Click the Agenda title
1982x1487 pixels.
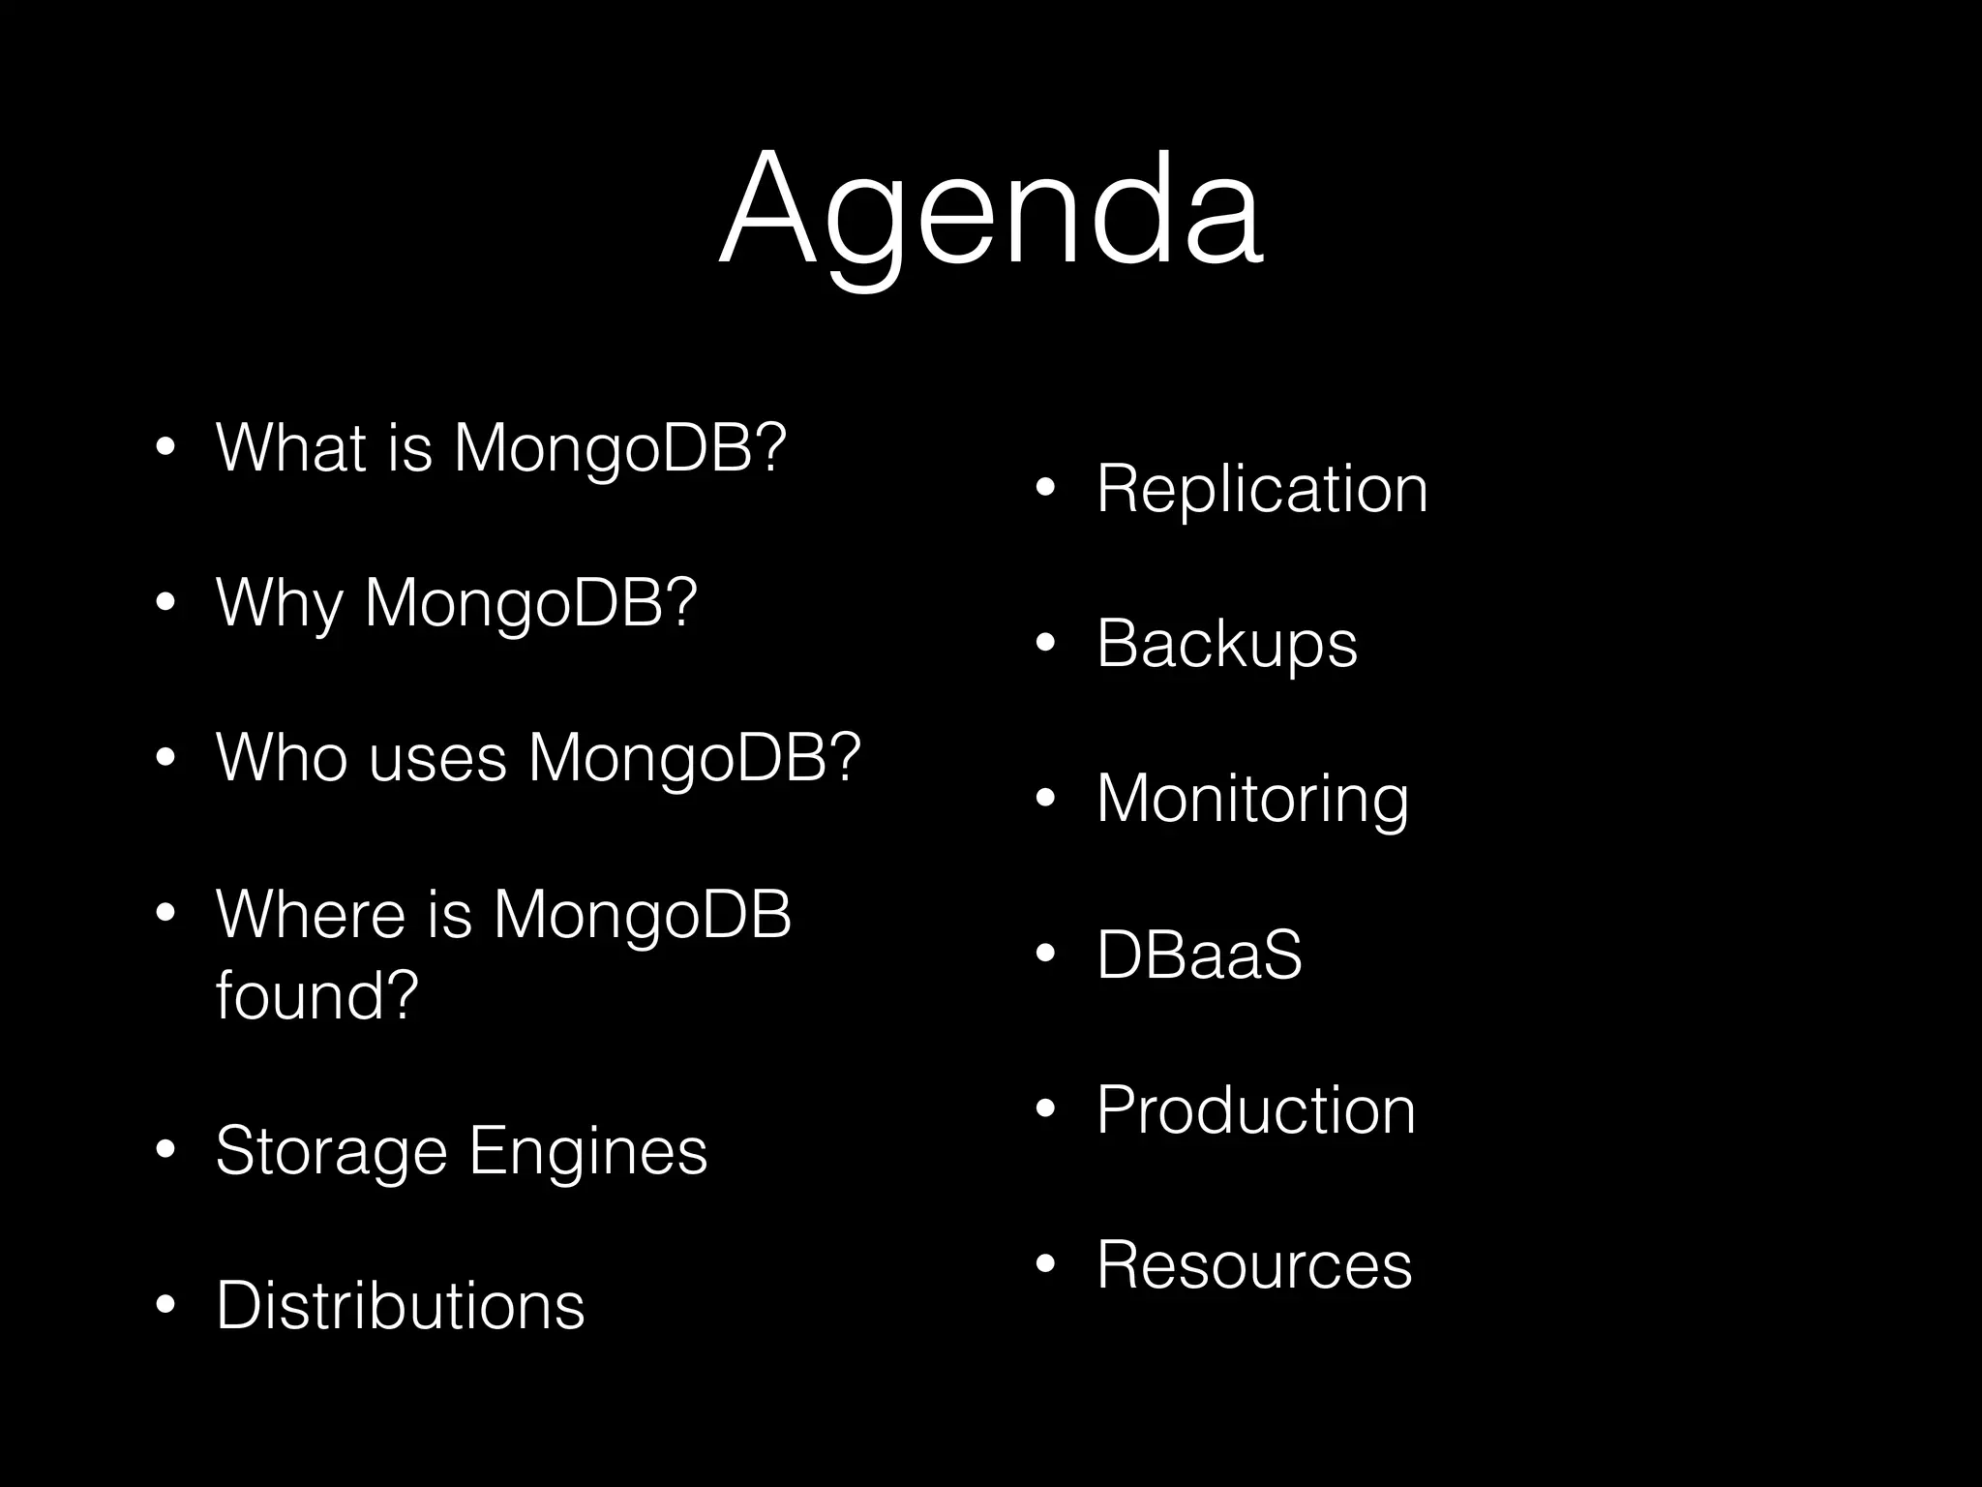point(990,208)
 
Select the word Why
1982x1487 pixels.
point(280,603)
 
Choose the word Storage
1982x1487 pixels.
point(331,1151)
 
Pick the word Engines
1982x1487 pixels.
point(588,1151)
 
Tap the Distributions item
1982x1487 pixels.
point(400,1305)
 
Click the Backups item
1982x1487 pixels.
point(1226,644)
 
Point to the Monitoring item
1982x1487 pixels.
point(1252,799)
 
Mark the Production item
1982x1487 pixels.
point(1255,1109)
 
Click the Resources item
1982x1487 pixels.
point(1253,1264)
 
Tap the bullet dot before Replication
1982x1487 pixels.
point(1044,489)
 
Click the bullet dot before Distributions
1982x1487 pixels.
point(165,1305)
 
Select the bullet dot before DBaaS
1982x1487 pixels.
point(1044,955)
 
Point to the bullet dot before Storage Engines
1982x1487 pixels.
point(165,1150)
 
